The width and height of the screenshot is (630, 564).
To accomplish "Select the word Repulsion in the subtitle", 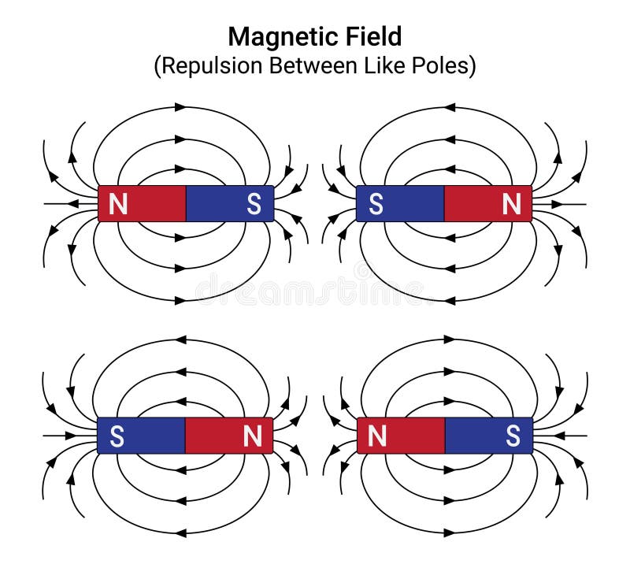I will (210, 65).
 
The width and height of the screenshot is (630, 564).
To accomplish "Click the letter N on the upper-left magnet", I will (118, 205).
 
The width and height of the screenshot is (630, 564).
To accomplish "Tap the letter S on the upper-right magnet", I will (376, 205).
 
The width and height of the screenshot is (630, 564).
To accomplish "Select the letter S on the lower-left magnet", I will (117, 436).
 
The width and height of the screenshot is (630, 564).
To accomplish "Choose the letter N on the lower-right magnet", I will (377, 436).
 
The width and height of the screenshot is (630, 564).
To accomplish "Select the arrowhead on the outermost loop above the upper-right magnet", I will (449, 106).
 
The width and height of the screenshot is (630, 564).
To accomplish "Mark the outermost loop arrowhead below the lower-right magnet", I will (449, 532).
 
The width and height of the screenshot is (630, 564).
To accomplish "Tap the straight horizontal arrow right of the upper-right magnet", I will (560, 204).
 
